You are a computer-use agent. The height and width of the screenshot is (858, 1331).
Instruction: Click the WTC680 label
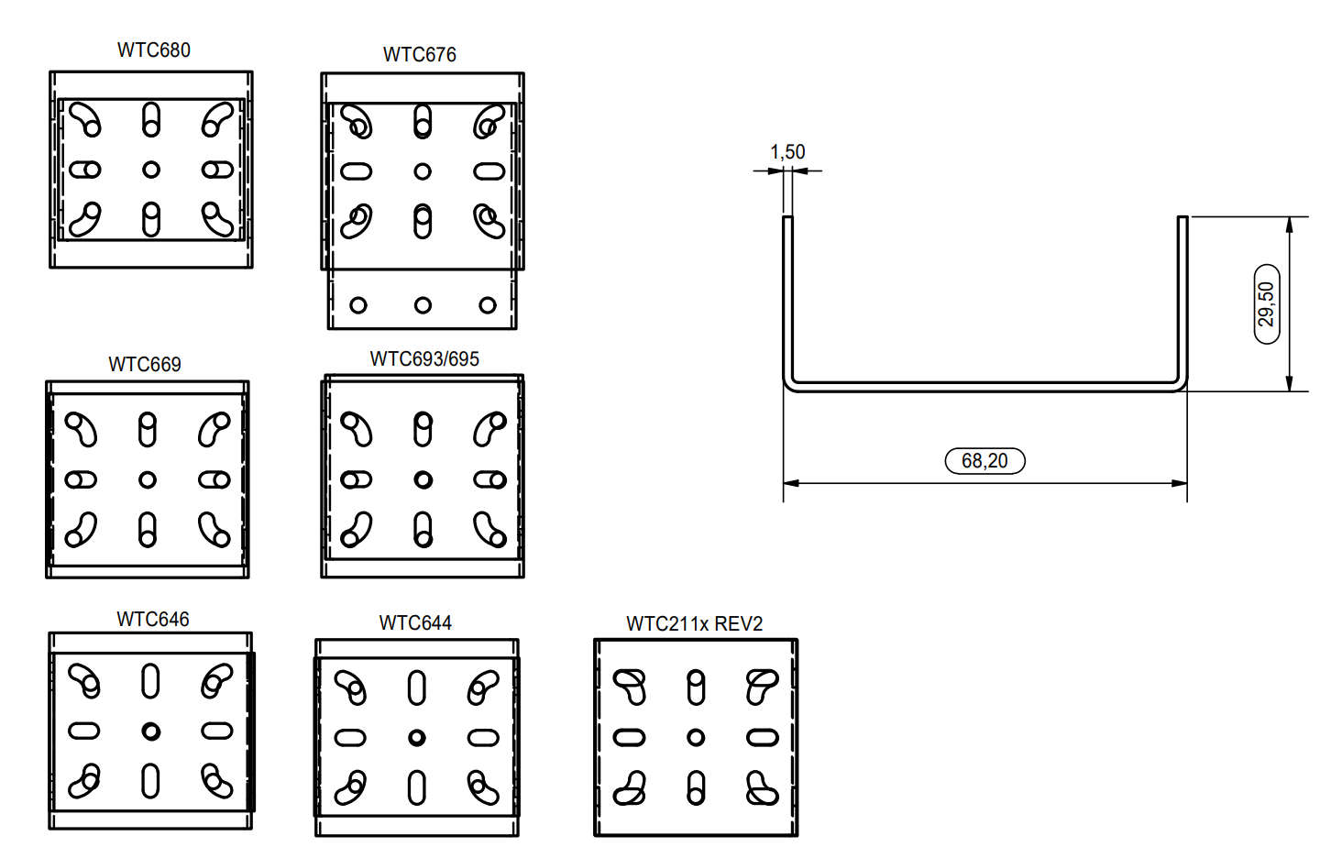154,49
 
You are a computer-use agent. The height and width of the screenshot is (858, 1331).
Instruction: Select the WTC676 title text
420,55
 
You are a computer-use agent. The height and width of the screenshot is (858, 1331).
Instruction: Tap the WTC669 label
145,364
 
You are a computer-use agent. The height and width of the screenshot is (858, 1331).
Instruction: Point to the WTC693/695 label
424,359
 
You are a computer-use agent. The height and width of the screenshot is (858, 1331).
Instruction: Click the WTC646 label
153,619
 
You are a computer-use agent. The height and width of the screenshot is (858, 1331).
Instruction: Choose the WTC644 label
415,622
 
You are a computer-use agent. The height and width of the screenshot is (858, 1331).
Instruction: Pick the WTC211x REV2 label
695,624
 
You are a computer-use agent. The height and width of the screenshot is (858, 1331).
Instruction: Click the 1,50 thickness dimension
788,152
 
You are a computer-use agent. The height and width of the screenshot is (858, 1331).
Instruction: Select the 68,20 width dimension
984,460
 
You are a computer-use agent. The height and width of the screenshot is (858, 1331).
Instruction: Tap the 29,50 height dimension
1266,303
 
